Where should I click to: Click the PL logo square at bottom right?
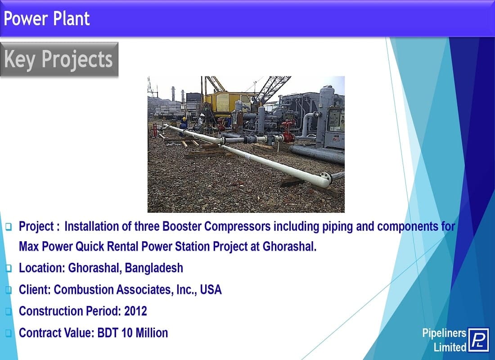(478, 339)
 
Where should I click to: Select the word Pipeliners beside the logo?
(444, 333)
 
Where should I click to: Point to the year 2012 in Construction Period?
(135, 311)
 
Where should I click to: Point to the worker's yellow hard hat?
(184, 119)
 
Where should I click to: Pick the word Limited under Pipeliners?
(450, 347)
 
